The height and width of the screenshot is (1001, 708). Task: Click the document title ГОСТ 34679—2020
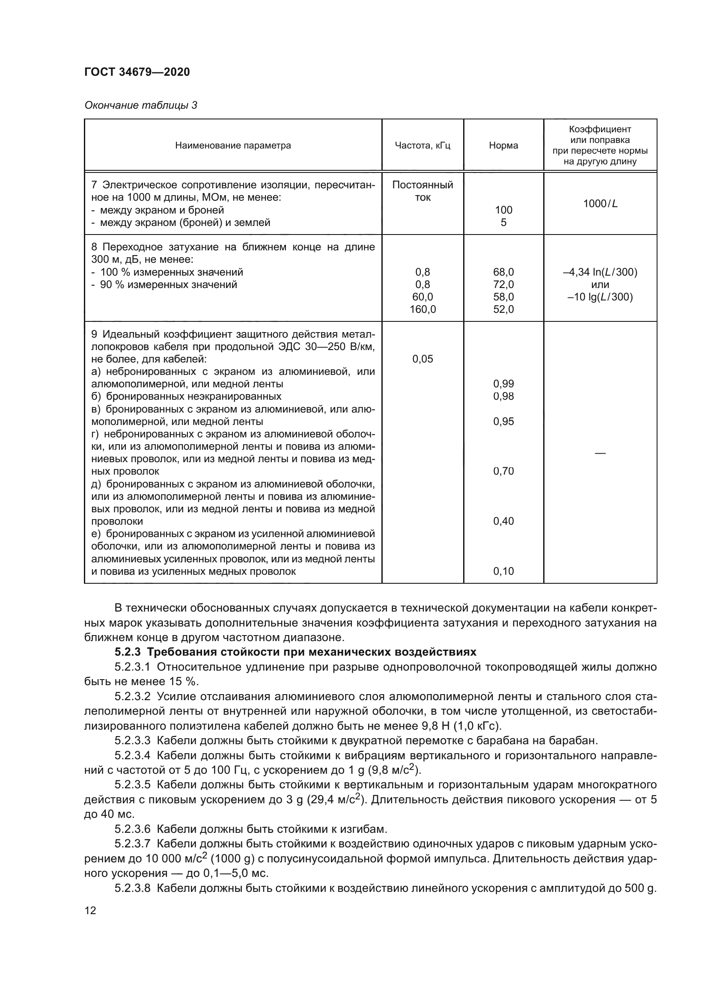tap(137, 72)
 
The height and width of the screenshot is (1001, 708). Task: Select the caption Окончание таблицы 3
tap(140, 105)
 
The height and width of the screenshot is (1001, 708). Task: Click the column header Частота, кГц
tap(422, 146)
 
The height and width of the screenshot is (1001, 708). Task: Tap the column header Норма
tap(503, 146)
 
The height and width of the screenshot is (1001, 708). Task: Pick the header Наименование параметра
tap(233, 146)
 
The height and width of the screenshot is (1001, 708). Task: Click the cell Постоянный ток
tap(422, 191)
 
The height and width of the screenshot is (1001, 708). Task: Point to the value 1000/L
tap(600, 204)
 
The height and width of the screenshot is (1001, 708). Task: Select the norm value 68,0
tap(503, 272)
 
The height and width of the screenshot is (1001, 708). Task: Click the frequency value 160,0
tap(422, 309)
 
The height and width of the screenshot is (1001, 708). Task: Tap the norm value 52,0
tap(503, 309)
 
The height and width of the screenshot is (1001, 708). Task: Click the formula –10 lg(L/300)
tap(600, 297)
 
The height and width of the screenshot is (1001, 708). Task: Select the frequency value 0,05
tap(422, 359)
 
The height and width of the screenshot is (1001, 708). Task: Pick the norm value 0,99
tap(503, 383)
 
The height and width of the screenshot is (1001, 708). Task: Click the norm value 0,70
tap(503, 471)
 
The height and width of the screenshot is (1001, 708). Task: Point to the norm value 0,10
tap(503, 571)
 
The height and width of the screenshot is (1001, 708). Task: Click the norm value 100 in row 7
tap(503, 210)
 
